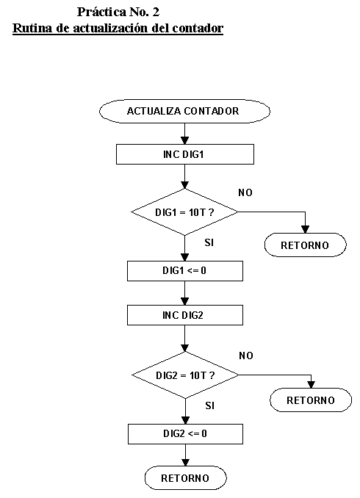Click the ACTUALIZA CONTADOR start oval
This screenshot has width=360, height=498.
click(x=184, y=111)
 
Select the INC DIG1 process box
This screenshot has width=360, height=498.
click(x=185, y=154)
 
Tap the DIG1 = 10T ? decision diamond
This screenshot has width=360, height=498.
click(x=184, y=212)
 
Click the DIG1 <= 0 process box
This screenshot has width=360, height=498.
click(x=185, y=270)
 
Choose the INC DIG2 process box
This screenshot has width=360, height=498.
click(x=185, y=315)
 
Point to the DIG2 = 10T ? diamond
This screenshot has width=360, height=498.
click(x=185, y=375)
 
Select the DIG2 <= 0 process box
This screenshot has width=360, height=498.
click(x=185, y=433)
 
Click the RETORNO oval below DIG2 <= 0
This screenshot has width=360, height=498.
click(x=186, y=477)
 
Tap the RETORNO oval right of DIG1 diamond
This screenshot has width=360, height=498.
click(x=306, y=245)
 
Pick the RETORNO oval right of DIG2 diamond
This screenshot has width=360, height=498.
click(x=311, y=400)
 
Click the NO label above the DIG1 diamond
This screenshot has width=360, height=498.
click(x=245, y=192)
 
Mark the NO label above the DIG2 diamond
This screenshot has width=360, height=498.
click(x=246, y=356)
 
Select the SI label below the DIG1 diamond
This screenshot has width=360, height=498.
click(x=209, y=242)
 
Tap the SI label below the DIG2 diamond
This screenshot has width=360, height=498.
click(x=209, y=405)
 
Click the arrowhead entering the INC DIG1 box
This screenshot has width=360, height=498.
click(x=184, y=140)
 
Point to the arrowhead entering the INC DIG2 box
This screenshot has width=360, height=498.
click(x=184, y=301)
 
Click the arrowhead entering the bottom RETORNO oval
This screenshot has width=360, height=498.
click(x=186, y=462)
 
